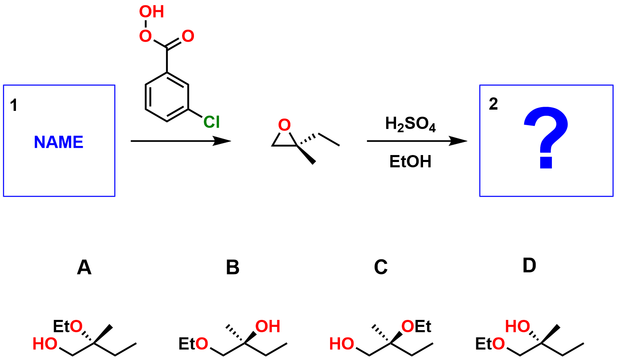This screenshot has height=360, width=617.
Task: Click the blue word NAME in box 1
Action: point(59,142)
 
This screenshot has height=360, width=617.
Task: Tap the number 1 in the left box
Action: point(14,106)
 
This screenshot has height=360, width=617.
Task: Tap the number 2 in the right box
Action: point(493,104)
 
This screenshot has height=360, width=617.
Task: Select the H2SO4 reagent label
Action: point(410,124)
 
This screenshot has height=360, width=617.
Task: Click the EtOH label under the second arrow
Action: point(410,162)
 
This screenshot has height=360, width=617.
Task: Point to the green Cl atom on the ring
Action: point(212,122)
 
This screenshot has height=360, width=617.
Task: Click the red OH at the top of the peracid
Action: point(151,12)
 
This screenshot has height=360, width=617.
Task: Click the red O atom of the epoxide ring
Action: point(284,125)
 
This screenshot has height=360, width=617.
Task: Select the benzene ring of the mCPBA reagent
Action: point(167,97)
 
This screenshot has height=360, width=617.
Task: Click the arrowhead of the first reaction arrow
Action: point(223,141)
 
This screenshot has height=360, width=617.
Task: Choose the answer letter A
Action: point(84,268)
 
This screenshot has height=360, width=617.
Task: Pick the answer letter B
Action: point(232,268)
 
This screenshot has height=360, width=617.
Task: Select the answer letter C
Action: point(381,268)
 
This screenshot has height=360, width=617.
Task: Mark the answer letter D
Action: point(529,266)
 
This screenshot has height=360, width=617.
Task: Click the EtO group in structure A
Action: point(68,326)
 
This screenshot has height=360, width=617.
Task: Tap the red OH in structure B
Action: point(268,326)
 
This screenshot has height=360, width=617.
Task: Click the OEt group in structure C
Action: point(417,326)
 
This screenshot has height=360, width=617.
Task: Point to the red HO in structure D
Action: point(518,326)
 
